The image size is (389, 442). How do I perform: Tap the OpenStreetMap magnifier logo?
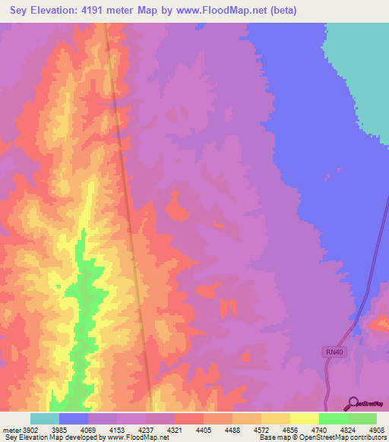click(x=352, y=403)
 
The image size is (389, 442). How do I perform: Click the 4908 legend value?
click(x=377, y=430)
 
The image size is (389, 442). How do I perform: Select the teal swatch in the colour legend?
click(x=45, y=418)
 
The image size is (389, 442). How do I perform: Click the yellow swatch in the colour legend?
click(x=305, y=418)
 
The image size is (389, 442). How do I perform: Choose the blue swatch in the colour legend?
click(x=74, y=418)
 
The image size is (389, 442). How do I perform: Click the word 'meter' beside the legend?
click(x=12, y=430)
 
